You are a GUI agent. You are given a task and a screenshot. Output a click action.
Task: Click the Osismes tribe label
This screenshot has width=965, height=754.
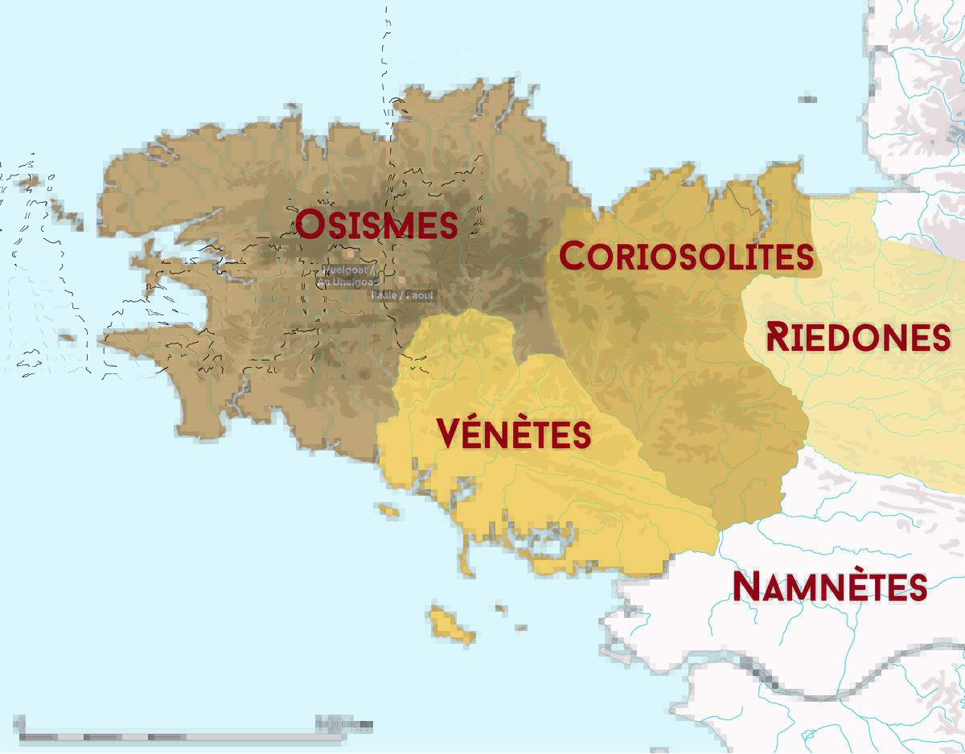[x=377, y=225]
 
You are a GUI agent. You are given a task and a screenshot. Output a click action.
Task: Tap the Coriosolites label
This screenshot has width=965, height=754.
[x=686, y=257]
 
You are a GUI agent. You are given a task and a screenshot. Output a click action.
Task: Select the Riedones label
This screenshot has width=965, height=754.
[x=858, y=337]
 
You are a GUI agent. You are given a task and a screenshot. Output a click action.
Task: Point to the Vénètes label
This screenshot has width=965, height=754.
[x=514, y=434]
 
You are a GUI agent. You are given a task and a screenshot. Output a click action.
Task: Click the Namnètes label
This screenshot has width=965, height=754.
[x=829, y=587]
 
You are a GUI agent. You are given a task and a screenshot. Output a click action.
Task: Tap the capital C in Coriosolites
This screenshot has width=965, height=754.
[x=572, y=256]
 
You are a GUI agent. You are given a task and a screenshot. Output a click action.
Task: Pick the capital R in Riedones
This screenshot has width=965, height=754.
[x=777, y=336]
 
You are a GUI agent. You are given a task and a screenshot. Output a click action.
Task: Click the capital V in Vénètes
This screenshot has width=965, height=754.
[x=450, y=434]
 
